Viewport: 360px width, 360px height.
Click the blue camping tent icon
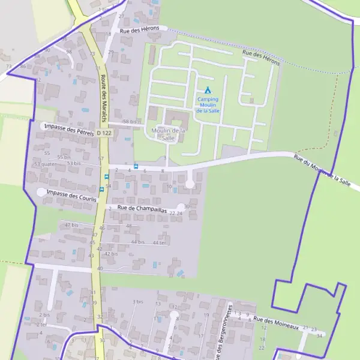208,90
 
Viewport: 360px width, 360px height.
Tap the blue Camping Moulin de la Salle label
208,105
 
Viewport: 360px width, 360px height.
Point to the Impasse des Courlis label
71,193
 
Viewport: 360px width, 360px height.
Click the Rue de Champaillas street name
142,209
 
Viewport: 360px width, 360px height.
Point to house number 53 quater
45,163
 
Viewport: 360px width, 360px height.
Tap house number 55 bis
64,157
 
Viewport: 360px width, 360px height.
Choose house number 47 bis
71,225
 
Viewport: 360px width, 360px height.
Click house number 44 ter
158,242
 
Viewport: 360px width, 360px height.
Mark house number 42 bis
111,254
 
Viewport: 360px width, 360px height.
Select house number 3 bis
138,302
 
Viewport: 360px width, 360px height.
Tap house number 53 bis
74,163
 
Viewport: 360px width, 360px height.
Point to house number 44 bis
138,242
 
